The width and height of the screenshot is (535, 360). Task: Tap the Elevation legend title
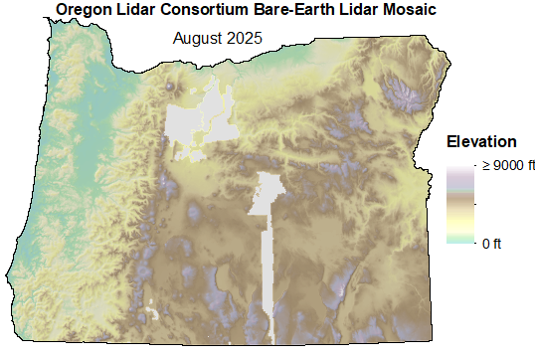point(481,141)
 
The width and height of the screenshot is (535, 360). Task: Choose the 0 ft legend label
point(491,242)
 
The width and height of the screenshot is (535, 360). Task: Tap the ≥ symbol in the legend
point(486,166)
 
